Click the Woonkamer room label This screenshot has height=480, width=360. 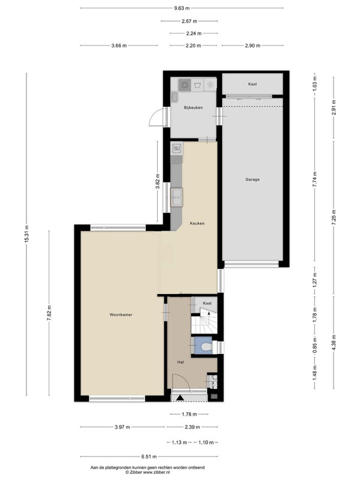point(121,314)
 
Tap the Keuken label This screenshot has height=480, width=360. point(197,223)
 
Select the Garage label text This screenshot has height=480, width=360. point(252,179)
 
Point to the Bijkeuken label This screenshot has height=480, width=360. point(193,107)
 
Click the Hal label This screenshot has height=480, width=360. point(181,362)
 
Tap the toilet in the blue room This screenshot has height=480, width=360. point(206,347)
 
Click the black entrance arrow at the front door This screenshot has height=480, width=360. point(181,398)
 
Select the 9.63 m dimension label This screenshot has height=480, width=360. point(182,8)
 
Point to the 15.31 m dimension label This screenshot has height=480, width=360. point(26,234)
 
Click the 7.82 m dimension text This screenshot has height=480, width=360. point(49,313)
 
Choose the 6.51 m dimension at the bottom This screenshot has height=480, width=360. point(149,457)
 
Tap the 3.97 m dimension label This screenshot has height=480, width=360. point(122,427)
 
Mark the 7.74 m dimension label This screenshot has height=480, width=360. point(314,180)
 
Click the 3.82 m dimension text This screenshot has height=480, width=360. point(158,182)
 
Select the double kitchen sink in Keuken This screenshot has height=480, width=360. point(177,197)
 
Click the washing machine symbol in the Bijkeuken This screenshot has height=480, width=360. point(197,85)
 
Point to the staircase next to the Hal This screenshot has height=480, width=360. point(204,321)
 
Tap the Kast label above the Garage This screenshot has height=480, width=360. point(253,84)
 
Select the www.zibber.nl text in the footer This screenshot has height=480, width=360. point(157,472)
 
